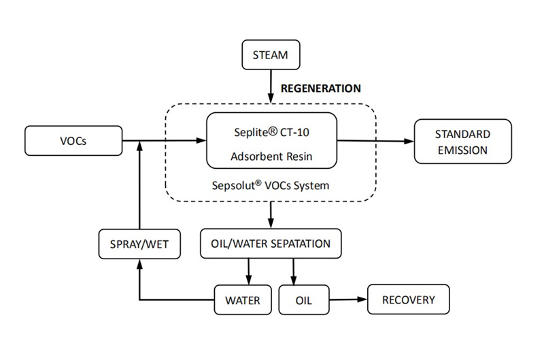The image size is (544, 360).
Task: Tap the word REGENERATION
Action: pos(321,88)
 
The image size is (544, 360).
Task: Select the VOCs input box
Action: pos(72,141)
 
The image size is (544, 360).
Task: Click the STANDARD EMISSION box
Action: pos(462,142)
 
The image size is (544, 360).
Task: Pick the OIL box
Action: pos(303,299)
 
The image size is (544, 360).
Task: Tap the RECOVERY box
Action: pos(408,299)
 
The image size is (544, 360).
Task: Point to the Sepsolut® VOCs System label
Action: pos(271,185)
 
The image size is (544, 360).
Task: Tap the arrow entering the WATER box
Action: pos(248,272)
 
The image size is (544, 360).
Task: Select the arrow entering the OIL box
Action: pos(293,272)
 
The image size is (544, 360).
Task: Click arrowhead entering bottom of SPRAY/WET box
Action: pos(139,263)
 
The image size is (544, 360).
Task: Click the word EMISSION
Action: pos(462,150)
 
